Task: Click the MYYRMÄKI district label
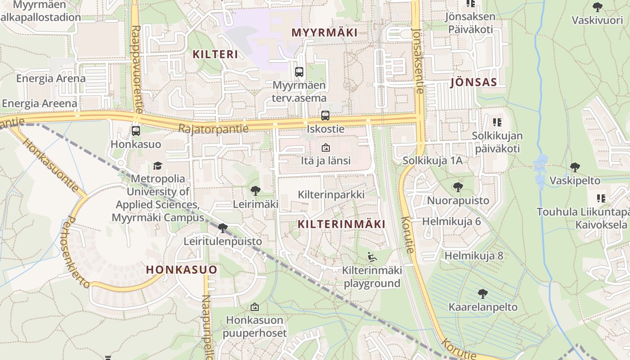(324, 32)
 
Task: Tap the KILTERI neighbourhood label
(215, 54)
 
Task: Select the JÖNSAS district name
(473, 82)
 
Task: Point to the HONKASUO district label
(182, 270)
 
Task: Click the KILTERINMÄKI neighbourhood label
(342, 224)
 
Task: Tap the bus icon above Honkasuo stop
(136, 131)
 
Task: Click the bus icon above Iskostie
(325, 116)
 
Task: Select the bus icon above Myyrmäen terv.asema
(299, 72)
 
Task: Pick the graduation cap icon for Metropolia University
(157, 166)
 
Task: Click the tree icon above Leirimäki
(255, 191)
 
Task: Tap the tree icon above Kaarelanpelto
(482, 294)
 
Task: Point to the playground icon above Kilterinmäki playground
(372, 257)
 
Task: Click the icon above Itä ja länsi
(325, 148)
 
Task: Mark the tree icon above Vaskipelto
(575, 168)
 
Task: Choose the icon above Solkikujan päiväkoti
(497, 122)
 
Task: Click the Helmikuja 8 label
(474, 256)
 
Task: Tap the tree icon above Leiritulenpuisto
(222, 228)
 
